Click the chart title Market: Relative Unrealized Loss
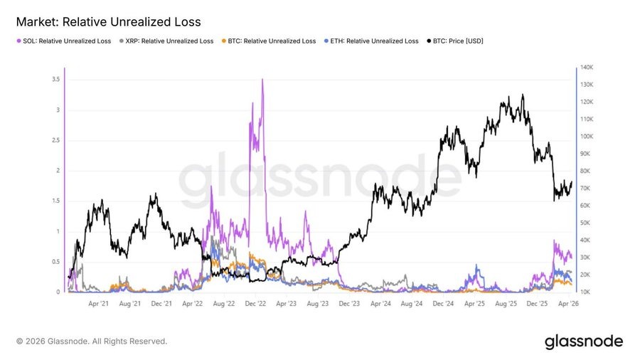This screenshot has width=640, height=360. tap(108, 22)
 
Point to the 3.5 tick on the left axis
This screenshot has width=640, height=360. tap(55, 80)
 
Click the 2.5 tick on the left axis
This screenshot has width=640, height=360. tap(55, 140)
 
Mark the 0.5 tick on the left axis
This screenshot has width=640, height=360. tap(55, 262)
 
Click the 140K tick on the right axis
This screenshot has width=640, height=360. tap(587, 68)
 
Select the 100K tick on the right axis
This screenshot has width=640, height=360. tap(587, 137)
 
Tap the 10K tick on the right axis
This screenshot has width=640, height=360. tap(587, 292)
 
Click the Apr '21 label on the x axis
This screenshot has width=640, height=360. tap(98, 304)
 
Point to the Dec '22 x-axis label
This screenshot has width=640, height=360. tap(254, 304)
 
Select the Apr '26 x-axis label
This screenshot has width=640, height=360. tap(568, 304)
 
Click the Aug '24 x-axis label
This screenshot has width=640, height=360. tap(412, 304)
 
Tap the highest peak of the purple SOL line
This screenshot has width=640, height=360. tap(263, 80)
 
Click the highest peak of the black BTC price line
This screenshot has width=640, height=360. tap(523, 95)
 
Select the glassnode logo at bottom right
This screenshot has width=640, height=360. tap(583, 342)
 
